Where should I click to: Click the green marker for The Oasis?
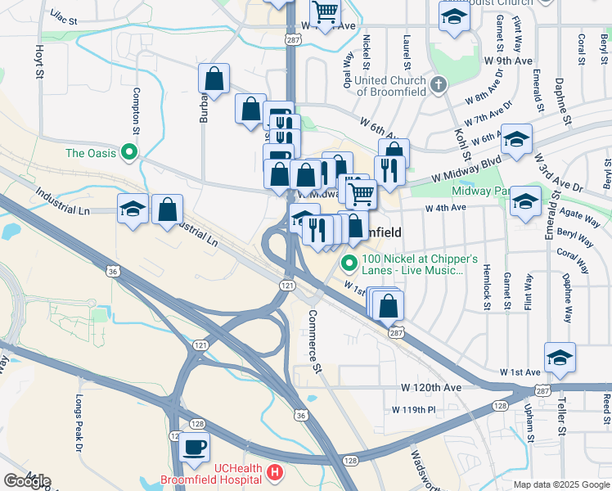point(128,152)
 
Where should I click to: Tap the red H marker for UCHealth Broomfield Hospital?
point(275,473)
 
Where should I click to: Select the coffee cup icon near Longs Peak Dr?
point(195,447)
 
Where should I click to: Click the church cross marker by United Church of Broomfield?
point(439,84)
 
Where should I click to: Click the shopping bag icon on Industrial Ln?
point(167,209)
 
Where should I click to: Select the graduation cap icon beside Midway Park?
point(525,200)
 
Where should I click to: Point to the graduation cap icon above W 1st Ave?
point(560,357)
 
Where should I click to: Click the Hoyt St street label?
point(38,61)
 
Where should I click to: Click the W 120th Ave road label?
point(431,386)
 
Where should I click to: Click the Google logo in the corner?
point(27,480)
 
